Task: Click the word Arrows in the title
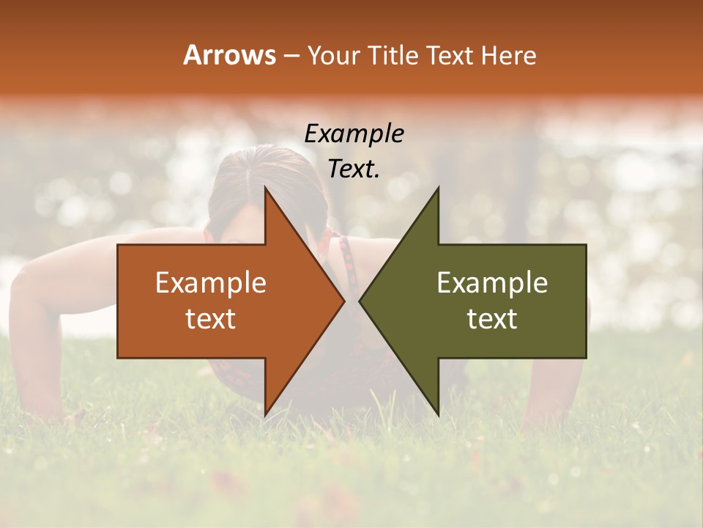(230, 55)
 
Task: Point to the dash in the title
(291, 56)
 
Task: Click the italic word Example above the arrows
(354, 133)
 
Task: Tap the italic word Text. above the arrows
(354, 169)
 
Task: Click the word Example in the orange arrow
(211, 282)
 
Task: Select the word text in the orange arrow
(211, 319)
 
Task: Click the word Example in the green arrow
(492, 282)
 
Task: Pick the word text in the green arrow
(492, 319)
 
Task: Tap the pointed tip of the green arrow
(360, 301)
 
